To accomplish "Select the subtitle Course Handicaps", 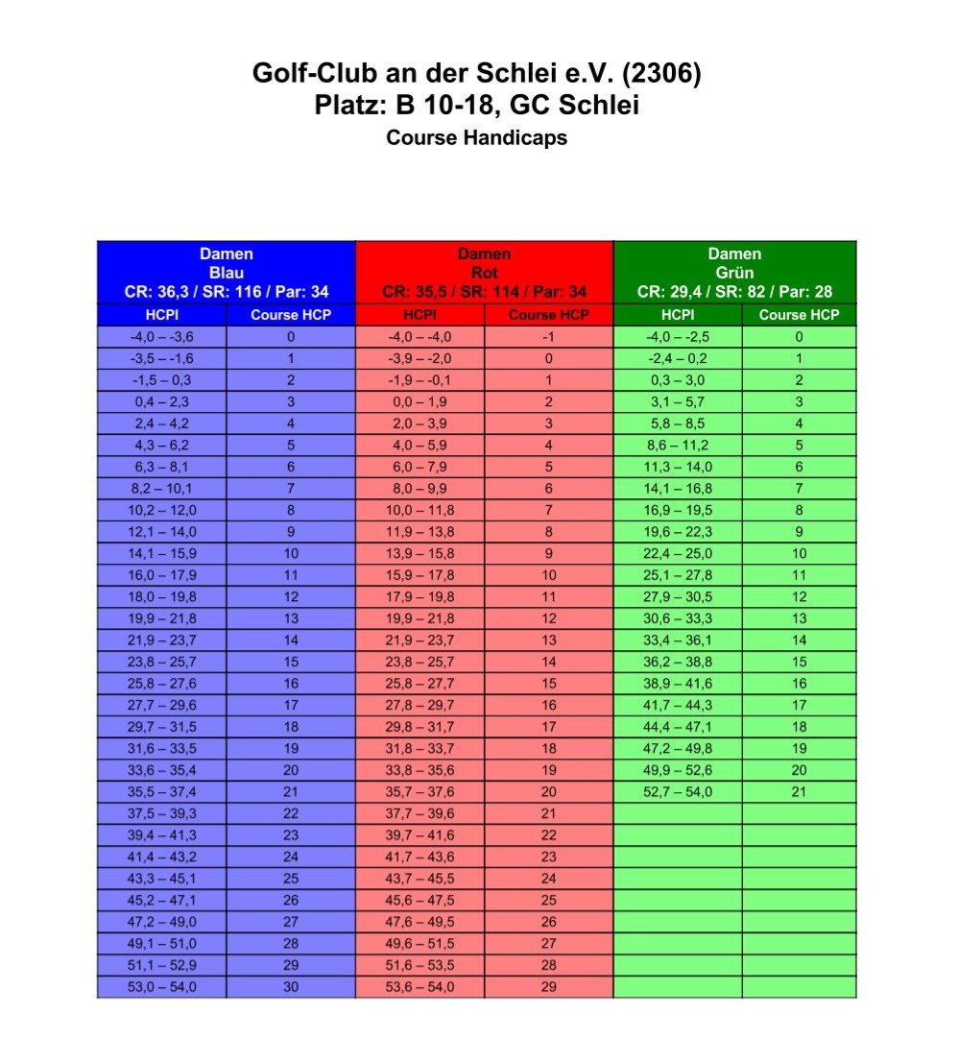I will [476, 137].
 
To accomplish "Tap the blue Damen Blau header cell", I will [227, 273].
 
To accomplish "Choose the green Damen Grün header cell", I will [734, 273].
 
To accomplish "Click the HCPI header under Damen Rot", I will [420, 315].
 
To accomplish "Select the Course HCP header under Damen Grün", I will [799, 315].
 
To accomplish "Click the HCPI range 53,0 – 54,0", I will [162, 986].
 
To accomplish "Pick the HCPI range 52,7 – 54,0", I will [678, 792].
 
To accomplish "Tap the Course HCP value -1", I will [549, 337].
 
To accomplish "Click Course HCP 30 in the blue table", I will [291, 986].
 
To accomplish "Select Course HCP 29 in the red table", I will [549, 986].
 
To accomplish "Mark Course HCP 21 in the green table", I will [799, 792].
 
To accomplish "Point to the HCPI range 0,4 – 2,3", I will [162, 402].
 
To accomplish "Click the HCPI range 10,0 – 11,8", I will [420, 510].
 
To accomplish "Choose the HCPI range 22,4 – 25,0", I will [678, 554].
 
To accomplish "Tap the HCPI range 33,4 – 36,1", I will [678, 640].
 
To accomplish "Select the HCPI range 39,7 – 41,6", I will [420, 835].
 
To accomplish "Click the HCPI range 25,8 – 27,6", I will [162, 684].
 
